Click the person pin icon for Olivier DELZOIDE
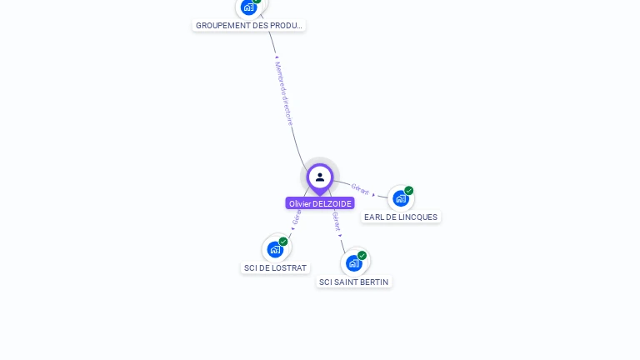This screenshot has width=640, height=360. click(x=320, y=177)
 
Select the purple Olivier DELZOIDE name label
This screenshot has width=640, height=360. click(x=320, y=203)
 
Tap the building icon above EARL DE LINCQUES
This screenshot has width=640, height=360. click(x=401, y=198)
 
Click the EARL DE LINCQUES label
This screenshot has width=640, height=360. click(x=401, y=217)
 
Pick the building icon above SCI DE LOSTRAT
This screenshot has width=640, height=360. click(x=275, y=249)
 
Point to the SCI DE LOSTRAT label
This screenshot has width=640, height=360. click(x=275, y=268)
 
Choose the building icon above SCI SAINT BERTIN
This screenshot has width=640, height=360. click(x=354, y=263)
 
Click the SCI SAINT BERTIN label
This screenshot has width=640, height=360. click(x=354, y=282)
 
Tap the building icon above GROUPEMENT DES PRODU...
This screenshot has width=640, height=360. click(x=248, y=7)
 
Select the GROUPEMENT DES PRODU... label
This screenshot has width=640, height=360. click(x=248, y=26)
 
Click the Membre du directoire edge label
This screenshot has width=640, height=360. click(x=285, y=93)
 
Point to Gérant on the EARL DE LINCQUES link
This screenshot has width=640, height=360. click(x=360, y=189)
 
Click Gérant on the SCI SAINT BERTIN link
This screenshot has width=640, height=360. click(x=336, y=220)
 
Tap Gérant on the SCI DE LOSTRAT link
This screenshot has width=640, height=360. click(x=297, y=216)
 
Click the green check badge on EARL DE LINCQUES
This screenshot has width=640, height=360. click(x=409, y=191)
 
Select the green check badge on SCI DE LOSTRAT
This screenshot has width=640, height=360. click(x=283, y=242)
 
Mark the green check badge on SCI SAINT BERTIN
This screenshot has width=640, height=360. click(x=362, y=256)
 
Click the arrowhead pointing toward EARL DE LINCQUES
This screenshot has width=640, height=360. click(x=374, y=194)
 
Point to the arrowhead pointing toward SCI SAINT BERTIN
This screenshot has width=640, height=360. click(x=340, y=235)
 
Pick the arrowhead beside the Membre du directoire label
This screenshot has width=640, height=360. click(x=277, y=57)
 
